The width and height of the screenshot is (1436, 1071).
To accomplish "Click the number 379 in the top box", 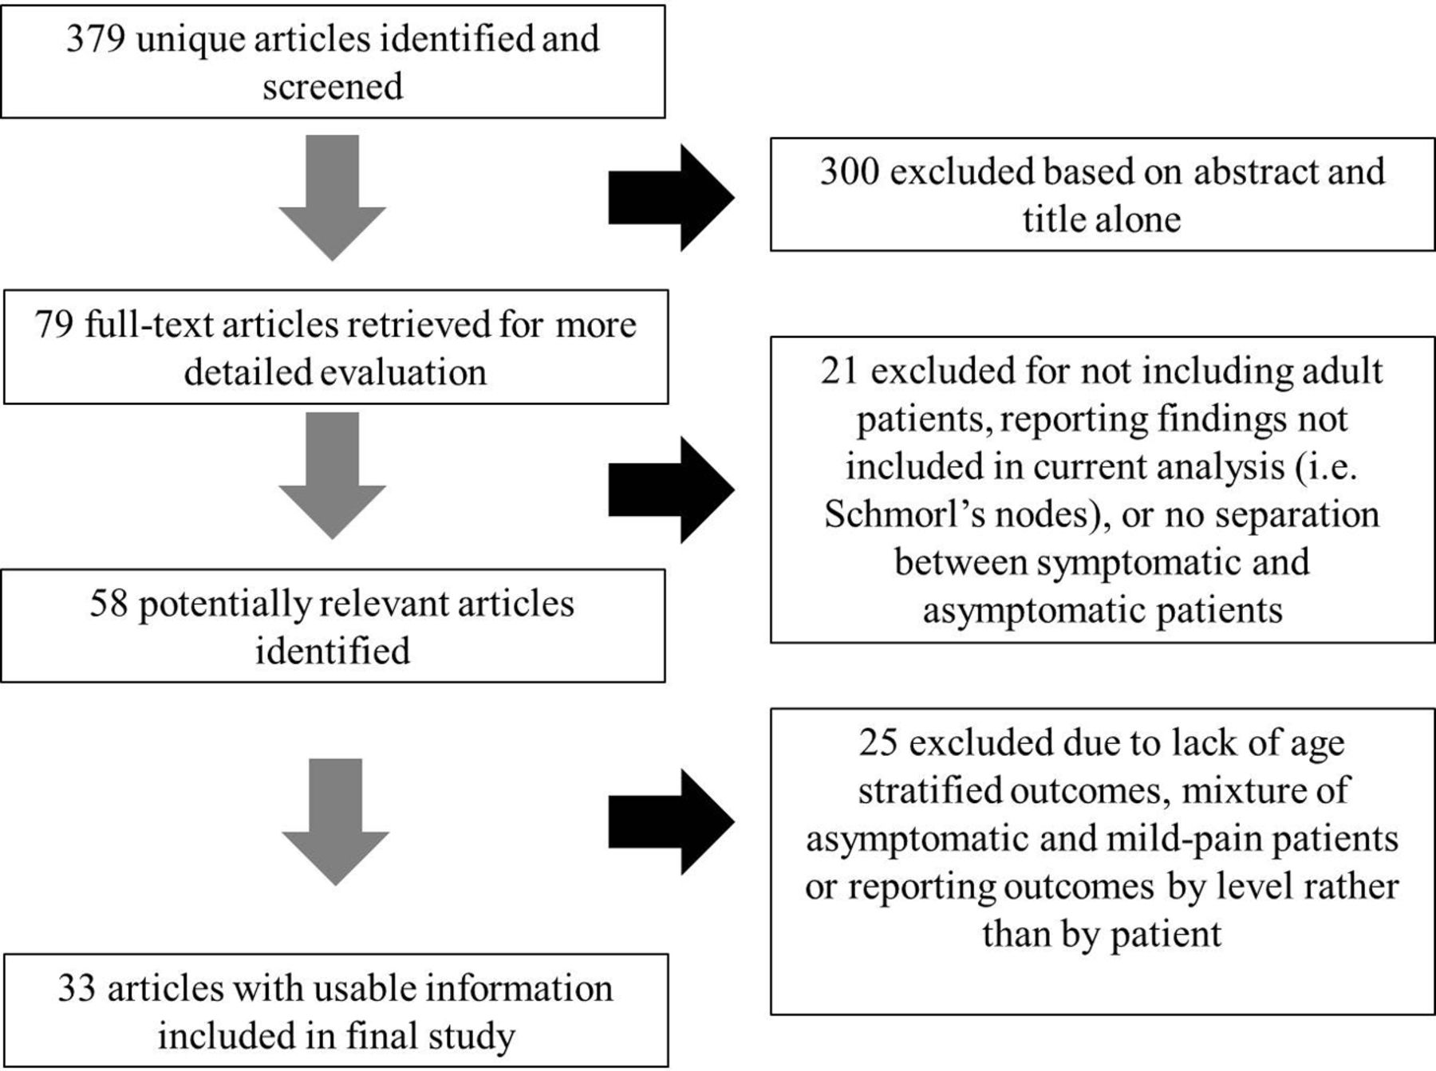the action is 96,38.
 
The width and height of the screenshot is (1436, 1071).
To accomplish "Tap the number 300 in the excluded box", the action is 850,171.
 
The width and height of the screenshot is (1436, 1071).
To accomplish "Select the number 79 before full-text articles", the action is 54,324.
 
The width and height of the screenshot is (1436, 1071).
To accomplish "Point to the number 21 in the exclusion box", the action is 839,371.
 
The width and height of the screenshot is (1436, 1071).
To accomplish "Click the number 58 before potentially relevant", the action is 108,603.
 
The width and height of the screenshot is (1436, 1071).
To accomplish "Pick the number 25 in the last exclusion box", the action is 878,742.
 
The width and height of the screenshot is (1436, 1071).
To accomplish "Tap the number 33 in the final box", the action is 77,988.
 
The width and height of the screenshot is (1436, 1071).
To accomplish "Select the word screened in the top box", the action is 333,86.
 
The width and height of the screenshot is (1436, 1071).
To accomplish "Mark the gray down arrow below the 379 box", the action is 333,198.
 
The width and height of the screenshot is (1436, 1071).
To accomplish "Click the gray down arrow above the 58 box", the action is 333,476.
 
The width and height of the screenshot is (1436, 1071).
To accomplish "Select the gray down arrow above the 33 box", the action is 335,822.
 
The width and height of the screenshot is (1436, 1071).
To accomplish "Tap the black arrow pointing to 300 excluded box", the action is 672,198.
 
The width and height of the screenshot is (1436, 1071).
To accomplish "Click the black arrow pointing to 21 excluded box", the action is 672,490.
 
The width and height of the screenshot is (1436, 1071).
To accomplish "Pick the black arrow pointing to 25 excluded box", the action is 672,821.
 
